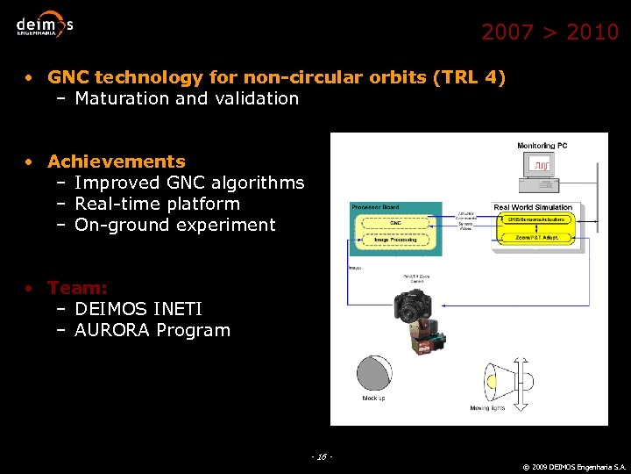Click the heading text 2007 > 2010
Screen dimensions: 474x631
549,32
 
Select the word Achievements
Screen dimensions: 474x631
117,162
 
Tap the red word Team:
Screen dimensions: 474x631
77,288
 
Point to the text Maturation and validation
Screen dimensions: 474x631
187,98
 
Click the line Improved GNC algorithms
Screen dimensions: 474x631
189,183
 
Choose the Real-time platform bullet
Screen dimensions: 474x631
157,204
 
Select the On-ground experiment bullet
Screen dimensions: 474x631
175,225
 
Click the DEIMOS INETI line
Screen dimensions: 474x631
138,309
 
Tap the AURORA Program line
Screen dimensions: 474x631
152,331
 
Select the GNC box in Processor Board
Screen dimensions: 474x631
395,223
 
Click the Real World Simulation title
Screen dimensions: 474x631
533,207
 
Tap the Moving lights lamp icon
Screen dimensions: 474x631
500,382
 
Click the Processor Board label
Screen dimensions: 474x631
375,207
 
